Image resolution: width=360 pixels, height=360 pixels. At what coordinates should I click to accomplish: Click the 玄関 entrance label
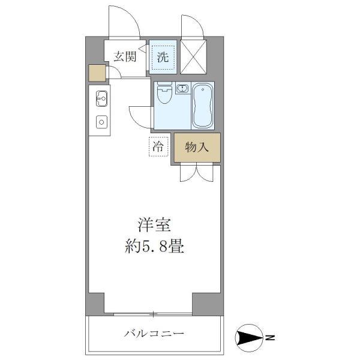tap(125, 57)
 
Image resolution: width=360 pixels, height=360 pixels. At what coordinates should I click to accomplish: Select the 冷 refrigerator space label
tap(158, 146)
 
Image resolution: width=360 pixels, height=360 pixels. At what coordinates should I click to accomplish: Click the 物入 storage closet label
tap(197, 148)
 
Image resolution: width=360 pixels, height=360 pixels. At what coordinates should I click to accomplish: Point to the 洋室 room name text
tap(155, 226)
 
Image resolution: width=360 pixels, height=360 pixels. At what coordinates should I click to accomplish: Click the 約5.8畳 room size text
tap(155, 246)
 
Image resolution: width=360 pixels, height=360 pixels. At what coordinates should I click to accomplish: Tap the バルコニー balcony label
tap(154, 333)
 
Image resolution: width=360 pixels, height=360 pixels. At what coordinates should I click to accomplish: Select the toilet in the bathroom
tap(163, 95)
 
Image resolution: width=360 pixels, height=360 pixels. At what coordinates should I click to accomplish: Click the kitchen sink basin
tap(101, 98)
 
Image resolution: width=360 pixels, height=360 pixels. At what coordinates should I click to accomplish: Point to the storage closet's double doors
tap(197, 172)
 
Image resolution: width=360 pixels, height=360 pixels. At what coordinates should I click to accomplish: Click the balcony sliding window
tap(154, 313)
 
